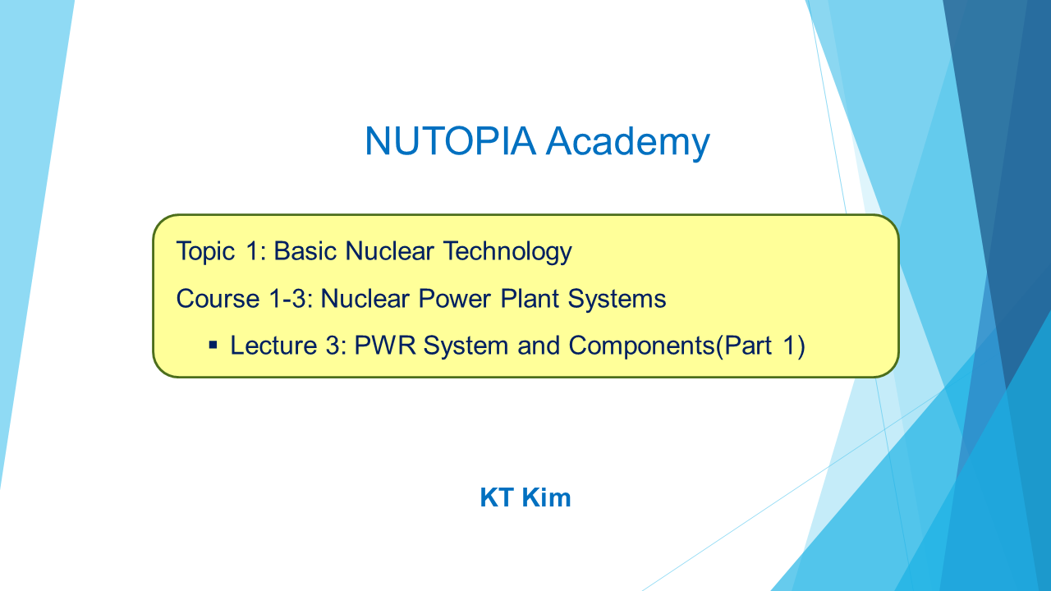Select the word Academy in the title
(628, 143)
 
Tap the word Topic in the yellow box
(205, 252)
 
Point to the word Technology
(507, 252)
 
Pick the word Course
(218, 299)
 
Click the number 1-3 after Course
(291, 299)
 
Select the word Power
(454, 299)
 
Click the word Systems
(617, 300)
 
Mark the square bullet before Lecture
(213, 346)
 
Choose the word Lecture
(274, 346)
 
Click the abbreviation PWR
(385, 346)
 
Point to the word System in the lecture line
(466, 346)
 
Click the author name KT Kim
(525, 497)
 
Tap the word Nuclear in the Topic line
(389, 251)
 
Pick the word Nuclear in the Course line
(365, 299)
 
